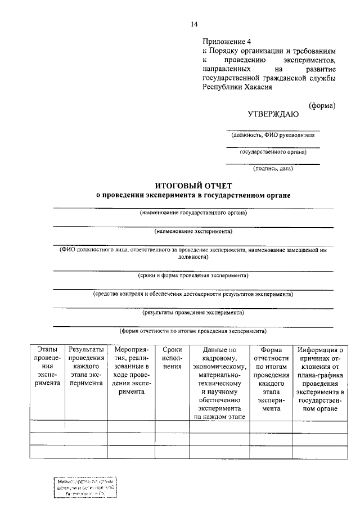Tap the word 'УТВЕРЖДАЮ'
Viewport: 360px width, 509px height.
click(273, 114)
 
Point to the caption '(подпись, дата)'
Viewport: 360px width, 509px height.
click(273, 168)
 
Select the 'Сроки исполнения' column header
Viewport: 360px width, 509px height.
click(172, 358)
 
